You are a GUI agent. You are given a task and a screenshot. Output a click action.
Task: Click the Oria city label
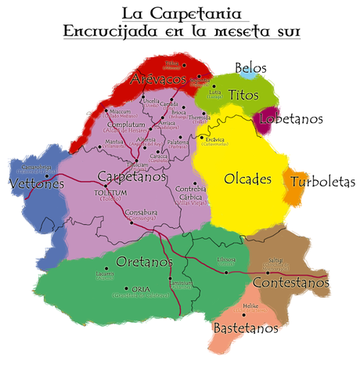coord(141,288)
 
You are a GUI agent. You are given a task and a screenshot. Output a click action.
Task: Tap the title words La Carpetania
coord(179,13)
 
